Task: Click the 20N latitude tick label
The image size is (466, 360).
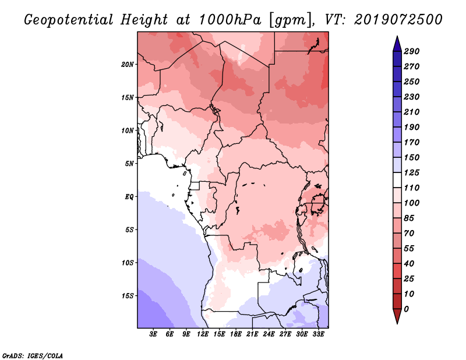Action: (128, 64)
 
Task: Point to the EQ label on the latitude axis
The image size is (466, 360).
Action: (129, 197)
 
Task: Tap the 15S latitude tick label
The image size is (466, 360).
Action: (128, 296)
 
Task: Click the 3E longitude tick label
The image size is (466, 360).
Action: (154, 334)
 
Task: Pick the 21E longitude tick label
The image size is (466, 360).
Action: (253, 334)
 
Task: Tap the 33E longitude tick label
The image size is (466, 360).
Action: (319, 334)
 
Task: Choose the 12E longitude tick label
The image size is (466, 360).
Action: (203, 334)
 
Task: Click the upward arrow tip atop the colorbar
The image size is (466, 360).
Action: (396, 38)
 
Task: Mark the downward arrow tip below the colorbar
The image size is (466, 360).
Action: (396, 322)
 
